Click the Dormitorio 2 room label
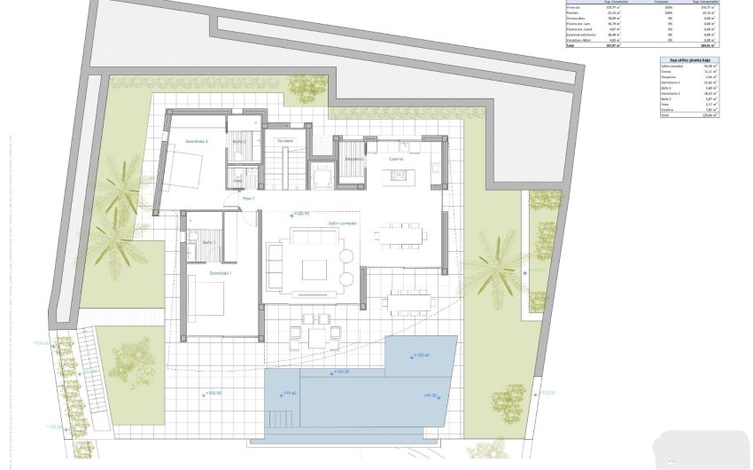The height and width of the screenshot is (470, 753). (x=196, y=141)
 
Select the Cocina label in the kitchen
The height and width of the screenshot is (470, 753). (x=396, y=158)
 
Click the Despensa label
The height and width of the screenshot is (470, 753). (x=353, y=159)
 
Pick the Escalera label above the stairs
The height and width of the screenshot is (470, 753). (x=284, y=141)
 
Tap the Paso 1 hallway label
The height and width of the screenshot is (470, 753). (x=248, y=199)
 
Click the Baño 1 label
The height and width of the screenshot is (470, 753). (x=208, y=242)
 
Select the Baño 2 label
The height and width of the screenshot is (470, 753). (x=238, y=141)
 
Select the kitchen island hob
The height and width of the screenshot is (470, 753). (x=396, y=175)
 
